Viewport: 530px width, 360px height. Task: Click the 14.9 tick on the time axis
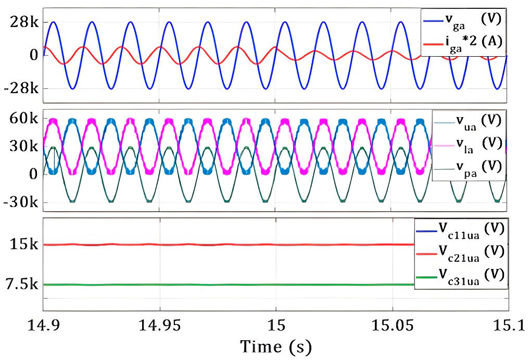[x=43, y=325]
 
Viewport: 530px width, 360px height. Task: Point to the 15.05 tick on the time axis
[x=392, y=325]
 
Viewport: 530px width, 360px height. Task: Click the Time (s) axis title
[x=275, y=346]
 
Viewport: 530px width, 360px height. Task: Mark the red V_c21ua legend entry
[x=461, y=251]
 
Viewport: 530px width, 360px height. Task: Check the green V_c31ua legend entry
[x=461, y=275]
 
